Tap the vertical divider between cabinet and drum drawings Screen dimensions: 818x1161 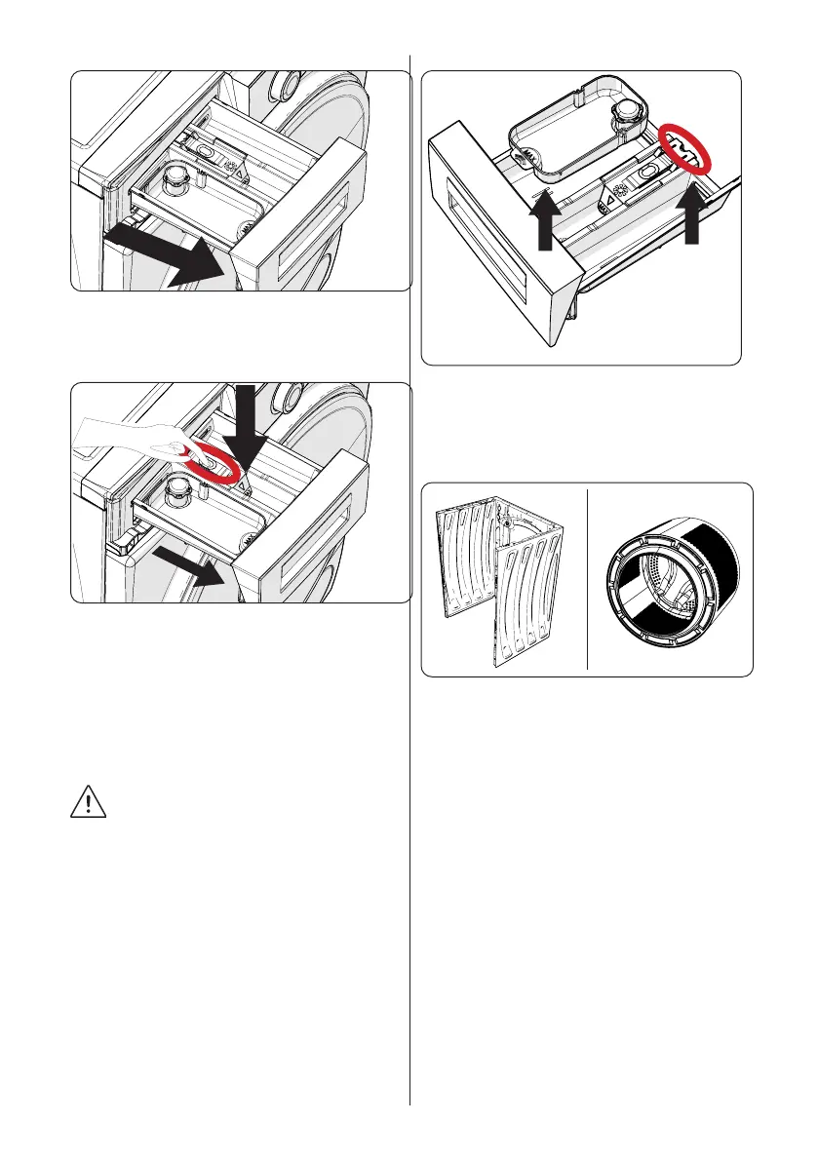click(588, 579)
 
